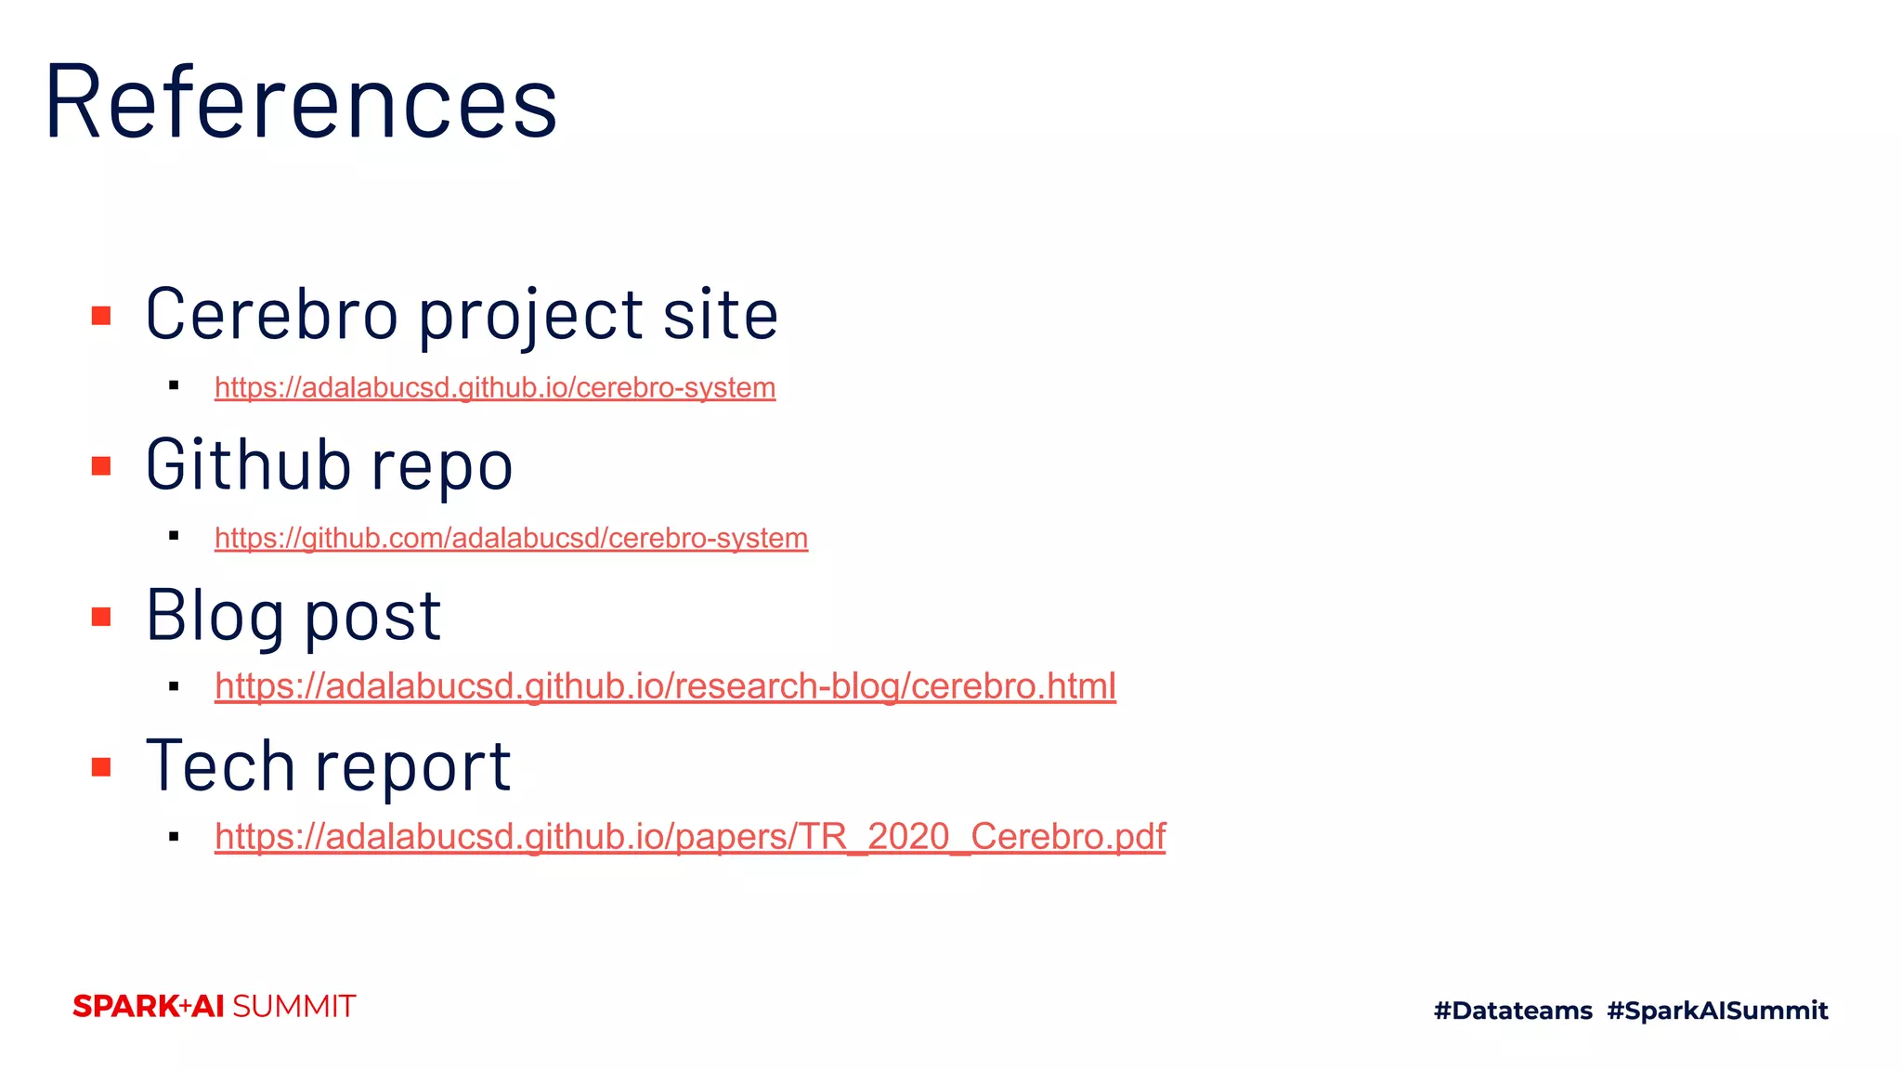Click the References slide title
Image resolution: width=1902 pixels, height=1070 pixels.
click(301, 102)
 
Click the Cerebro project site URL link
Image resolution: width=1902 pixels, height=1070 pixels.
click(495, 387)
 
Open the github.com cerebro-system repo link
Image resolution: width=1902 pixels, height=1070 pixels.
click(511, 538)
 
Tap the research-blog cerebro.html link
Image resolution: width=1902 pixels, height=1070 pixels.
click(665, 686)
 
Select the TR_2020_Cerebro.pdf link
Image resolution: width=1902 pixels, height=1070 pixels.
click(690, 837)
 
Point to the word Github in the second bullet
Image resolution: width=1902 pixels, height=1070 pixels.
click(246, 464)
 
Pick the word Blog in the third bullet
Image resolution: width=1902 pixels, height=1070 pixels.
click(215, 617)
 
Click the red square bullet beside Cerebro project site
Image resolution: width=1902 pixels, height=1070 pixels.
click(101, 316)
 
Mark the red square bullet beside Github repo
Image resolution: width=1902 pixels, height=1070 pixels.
click(101, 465)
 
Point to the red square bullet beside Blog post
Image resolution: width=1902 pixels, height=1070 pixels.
click(101, 617)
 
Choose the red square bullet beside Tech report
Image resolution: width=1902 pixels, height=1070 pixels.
click(101, 767)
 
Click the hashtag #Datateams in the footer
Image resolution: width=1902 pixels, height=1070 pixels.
click(1513, 1011)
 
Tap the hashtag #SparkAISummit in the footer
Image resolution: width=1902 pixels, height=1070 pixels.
click(1717, 1011)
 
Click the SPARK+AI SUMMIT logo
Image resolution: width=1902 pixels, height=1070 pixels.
click(214, 1007)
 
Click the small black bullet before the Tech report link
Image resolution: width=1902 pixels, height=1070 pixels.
click(174, 837)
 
